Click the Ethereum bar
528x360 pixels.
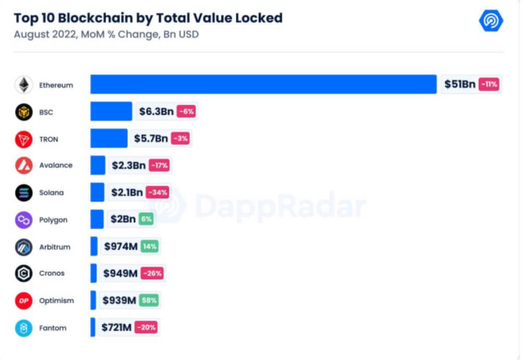click(263, 84)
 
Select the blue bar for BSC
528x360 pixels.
click(111, 111)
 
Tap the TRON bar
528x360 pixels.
click(109, 138)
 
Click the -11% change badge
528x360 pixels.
click(489, 84)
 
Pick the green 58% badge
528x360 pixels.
click(149, 300)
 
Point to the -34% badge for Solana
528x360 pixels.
click(157, 192)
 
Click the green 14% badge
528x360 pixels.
click(150, 246)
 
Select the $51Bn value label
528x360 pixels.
click(460, 84)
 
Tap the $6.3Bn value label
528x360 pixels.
click(156, 111)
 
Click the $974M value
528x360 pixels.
click(121, 246)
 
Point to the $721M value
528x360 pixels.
click(117, 328)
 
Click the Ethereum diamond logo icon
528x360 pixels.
click(23, 85)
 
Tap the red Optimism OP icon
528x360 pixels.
click(23, 301)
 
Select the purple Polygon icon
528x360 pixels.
click(23, 220)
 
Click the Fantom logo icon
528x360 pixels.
click(23, 328)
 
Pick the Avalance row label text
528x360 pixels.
click(56, 165)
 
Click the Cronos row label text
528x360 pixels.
click(52, 273)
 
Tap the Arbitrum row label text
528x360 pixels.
click(55, 246)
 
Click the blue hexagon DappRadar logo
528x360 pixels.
click(491, 21)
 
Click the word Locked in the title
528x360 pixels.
click(258, 18)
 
